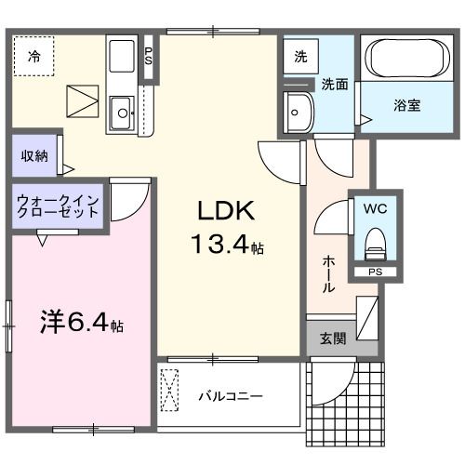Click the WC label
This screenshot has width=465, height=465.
(x=377, y=208)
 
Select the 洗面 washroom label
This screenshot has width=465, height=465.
(x=335, y=84)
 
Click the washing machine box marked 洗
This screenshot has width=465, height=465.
(x=300, y=55)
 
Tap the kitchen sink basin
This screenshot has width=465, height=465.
(x=122, y=114)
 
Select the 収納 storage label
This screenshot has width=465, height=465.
(x=34, y=156)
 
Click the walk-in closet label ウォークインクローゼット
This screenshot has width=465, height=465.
(x=58, y=206)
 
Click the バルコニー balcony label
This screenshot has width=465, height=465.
(x=230, y=396)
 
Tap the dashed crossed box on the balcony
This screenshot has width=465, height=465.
(x=170, y=389)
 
